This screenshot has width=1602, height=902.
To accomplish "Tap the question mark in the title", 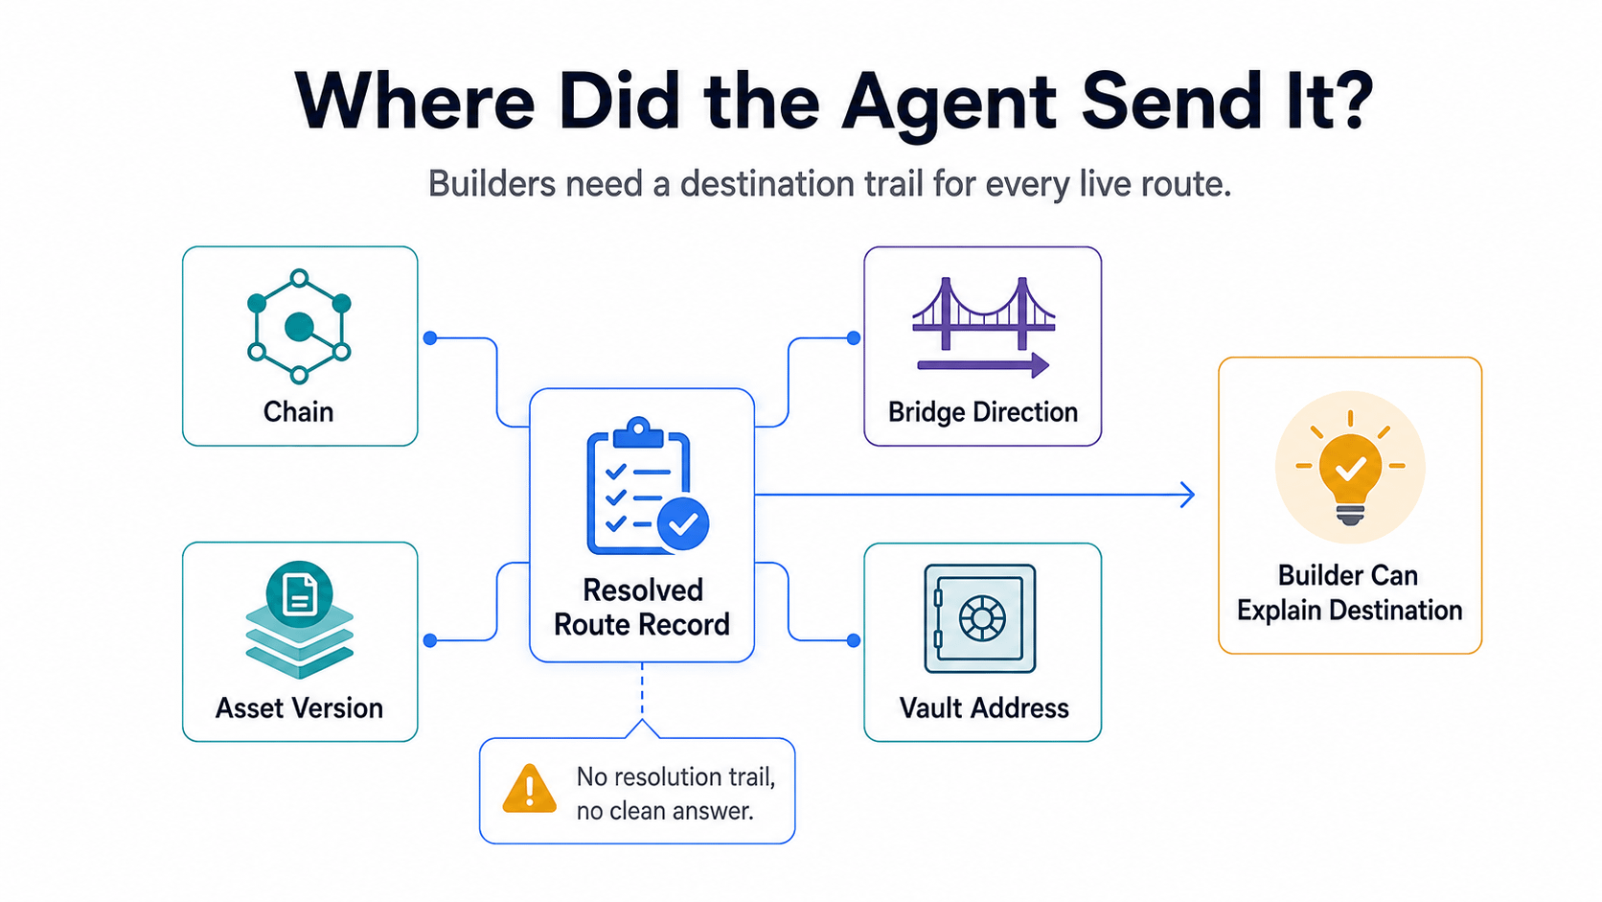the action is pyautogui.click(x=1347, y=100).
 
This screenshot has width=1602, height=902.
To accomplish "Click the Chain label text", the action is pyautogui.click(x=298, y=412).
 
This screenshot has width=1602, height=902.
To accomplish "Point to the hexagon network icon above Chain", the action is pyautogui.click(x=299, y=326).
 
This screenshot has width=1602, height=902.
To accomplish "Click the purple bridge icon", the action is pyautogui.click(x=983, y=313).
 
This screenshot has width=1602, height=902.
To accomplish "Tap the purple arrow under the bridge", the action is pyautogui.click(x=983, y=365).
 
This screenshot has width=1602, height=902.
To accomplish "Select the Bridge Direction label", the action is pyautogui.click(x=983, y=412).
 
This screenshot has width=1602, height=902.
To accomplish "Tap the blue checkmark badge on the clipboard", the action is pyautogui.click(x=683, y=523).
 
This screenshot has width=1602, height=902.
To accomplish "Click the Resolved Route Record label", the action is pyautogui.click(x=642, y=608).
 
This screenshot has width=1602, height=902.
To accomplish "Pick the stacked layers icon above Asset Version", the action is pyautogui.click(x=299, y=619).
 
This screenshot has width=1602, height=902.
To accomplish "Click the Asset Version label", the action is pyautogui.click(x=299, y=708).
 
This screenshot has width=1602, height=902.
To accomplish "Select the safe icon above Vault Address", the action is pyautogui.click(x=980, y=618).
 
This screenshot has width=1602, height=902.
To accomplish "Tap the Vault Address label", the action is pyautogui.click(x=983, y=708).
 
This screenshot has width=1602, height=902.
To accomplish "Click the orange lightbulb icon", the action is pyautogui.click(x=1350, y=468).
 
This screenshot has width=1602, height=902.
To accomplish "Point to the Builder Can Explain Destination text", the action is pyautogui.click(x=1350, y=592).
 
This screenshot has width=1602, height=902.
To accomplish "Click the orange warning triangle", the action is pyautogui.click(x=529, y=789).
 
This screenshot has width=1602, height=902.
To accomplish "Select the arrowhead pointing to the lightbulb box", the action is pyautogui.click(x=1187, y=495).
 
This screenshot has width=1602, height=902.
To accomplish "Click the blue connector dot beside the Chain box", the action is pyautogui.click(x=430, y=338).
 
